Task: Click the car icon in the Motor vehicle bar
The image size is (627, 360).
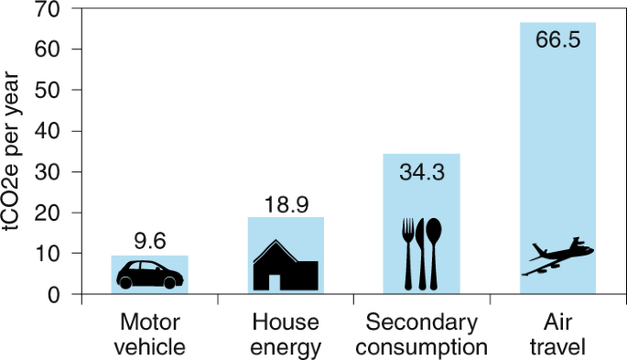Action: [x=149, y=274]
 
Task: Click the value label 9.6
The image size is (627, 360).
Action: [x=149, y=243]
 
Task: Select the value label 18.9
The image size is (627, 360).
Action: [x=286, y=204]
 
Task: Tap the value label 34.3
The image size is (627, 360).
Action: [x=421, y=170]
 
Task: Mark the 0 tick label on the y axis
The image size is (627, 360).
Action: [x=55, y=294]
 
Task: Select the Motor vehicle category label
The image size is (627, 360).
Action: [x=151, y=335]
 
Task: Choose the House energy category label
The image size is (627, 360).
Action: [x=286, y=335]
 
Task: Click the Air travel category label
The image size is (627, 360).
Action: [x=557, y=335]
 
